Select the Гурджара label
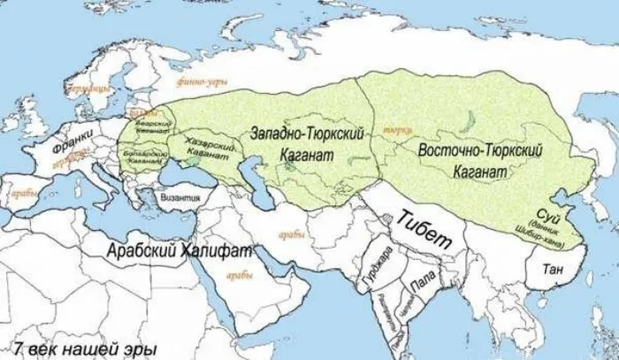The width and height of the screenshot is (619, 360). (x=372, y=270)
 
